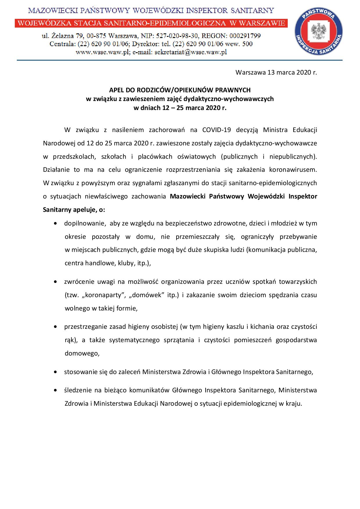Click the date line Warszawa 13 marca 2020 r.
click(276, 73)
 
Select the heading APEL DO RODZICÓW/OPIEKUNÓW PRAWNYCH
click(180, 90)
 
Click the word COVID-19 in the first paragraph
click(217, 130)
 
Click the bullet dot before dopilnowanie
click(55, 223)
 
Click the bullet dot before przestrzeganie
click(55, 327)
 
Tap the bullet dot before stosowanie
click(55, 372)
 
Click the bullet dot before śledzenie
click(55, 391)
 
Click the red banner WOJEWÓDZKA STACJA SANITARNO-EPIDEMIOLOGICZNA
click(151, 23)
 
